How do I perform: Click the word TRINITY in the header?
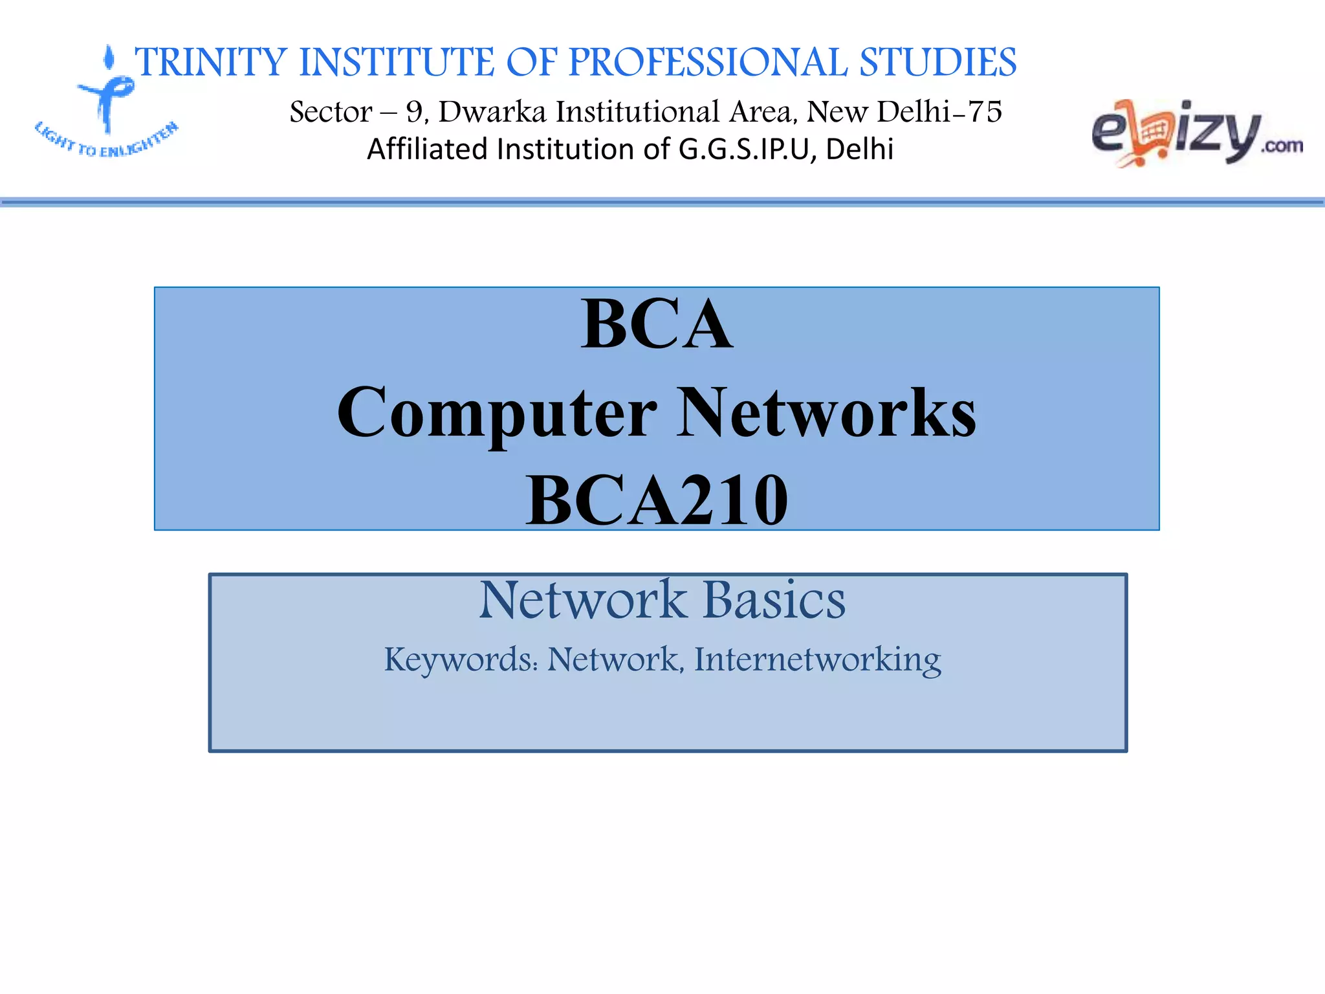click(211, 63)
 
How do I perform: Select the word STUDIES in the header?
click(937, 63)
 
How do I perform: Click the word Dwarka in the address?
click(492, 112)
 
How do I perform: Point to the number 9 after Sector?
click(414, 112)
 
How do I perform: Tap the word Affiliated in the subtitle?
click(427, 149)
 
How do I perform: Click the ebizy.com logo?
click(1196, 133)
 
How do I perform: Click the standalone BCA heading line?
click(657, 324)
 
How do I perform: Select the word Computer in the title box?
click(497, 413)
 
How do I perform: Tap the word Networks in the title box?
click(826, 413)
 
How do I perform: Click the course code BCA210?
click(657, 500)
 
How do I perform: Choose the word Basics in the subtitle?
click(774, 600)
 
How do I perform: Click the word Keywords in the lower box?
click(461, 659)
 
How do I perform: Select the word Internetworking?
click(817, 659)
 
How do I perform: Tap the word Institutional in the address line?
click(637, 112)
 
